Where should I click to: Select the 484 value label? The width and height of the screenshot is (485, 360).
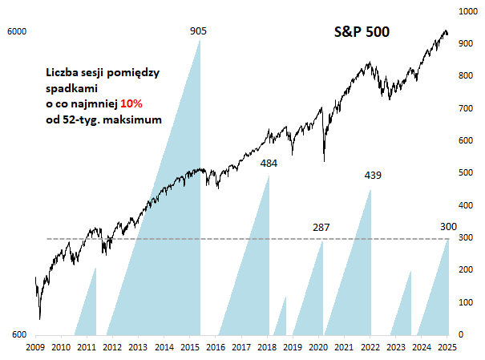click(269, 164)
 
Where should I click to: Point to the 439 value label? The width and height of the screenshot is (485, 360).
click(373, 175)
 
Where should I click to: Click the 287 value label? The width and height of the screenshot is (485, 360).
click(321, 228)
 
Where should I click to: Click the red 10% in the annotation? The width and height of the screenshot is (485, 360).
click(132, 104)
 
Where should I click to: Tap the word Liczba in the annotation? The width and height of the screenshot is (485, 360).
click(63, 73)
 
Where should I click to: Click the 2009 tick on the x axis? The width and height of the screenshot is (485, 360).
click(34, 347)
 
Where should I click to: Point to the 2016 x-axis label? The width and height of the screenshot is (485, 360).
click(215, 347)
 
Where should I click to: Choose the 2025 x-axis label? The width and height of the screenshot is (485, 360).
click(447, 347)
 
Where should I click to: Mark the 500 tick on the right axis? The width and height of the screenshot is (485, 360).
click(463, 172)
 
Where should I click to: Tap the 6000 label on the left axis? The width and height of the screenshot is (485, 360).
click(17, 31)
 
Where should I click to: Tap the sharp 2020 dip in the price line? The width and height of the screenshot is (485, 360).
click(324, 160)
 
